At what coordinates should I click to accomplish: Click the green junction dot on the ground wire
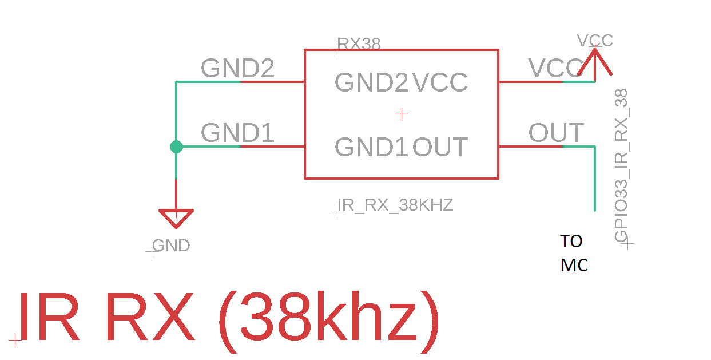(176, 147)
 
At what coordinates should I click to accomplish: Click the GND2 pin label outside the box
(237, 69)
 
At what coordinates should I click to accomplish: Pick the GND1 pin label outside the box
(237, 134)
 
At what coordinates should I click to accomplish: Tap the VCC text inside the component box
(440, 83)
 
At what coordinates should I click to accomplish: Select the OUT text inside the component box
(440, 148)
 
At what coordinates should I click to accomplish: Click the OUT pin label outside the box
(556, 133)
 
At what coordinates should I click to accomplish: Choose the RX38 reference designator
(359, 44)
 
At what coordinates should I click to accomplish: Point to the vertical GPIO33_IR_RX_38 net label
(621, 166)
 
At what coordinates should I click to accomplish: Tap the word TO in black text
(571, 242)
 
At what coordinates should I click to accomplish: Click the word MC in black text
(574, 266)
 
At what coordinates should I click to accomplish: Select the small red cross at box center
(402, 115)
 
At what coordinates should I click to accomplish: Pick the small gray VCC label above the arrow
(595, 41)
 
